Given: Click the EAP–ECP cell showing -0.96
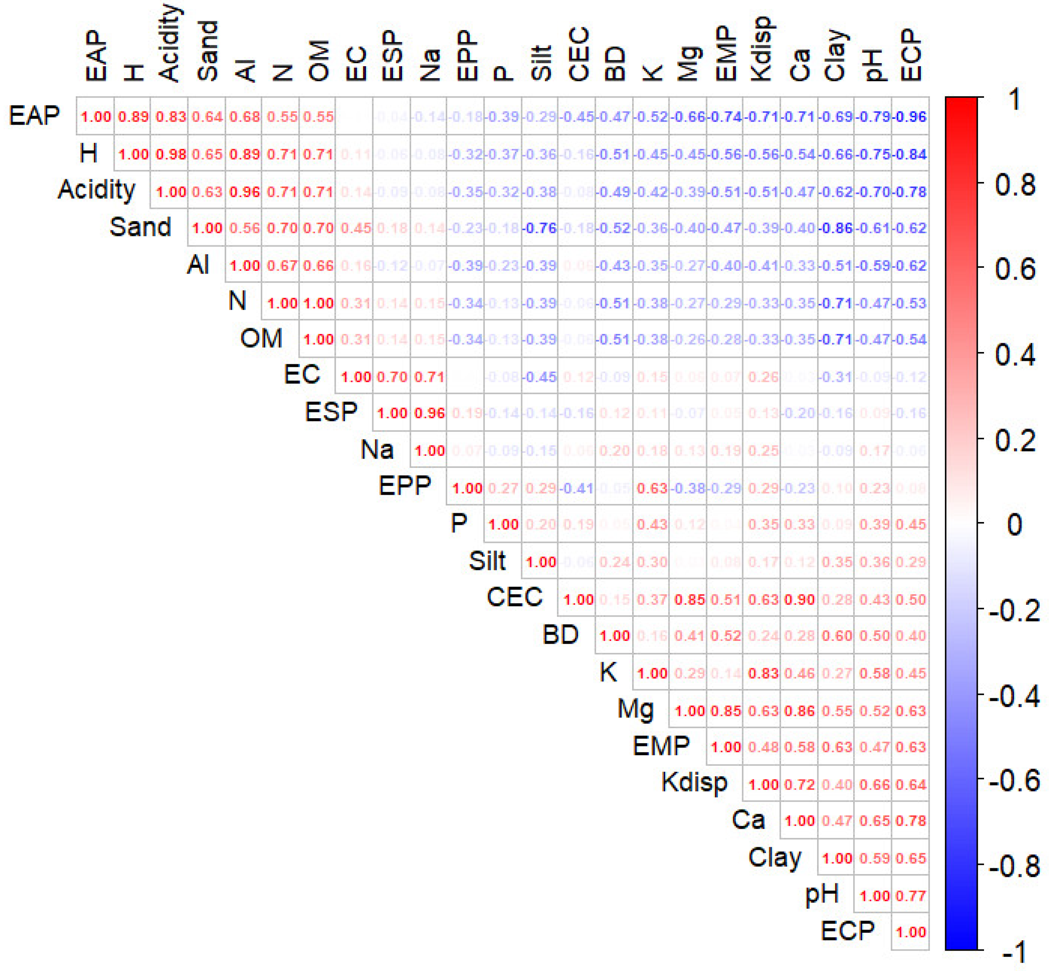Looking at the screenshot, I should (x=910, y=116).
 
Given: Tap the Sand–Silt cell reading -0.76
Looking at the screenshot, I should (x=540, y=228).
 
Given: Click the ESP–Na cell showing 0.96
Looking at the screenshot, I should (x=430, y=413).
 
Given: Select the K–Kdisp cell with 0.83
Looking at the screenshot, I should (x=763, y=673).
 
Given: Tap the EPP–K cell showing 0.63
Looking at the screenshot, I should (x=651, y=488).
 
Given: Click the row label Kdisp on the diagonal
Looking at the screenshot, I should (x=694, y=782).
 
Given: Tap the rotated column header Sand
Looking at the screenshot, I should (x=208, y=51).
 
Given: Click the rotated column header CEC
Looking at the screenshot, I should (x=578, y=55).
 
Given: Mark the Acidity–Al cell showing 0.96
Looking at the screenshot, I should (x=245, y=191).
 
